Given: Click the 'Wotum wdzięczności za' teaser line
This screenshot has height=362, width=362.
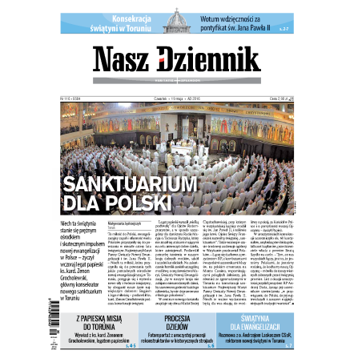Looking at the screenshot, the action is point(240,14).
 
